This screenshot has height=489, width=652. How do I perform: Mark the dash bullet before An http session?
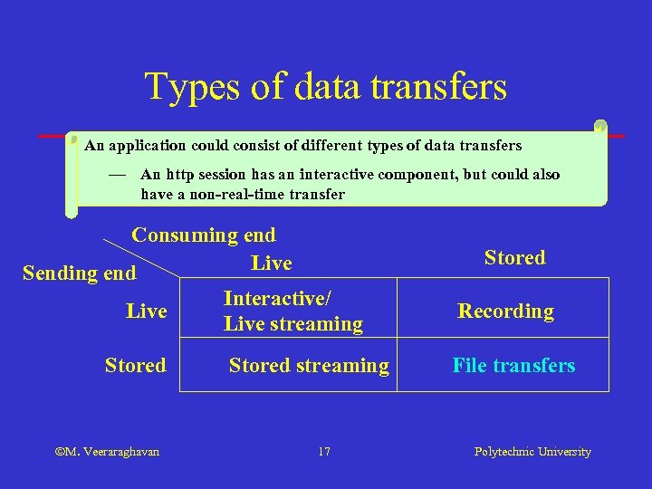click(x=115, y=174)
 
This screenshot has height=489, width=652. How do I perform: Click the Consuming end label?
click(x=203, y=235)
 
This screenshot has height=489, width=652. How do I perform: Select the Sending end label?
click(x=79, y=273)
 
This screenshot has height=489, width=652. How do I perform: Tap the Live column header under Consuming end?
click(x=271, y=264)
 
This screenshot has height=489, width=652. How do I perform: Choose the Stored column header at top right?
click(x=514, y=258)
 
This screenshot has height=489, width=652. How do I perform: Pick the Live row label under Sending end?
click(x=146, y=312)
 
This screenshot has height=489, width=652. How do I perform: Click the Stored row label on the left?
click(x=135, y=366)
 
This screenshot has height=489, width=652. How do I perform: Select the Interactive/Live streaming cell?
click(x=292, y=312)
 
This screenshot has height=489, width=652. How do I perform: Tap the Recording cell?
click(x=505, y=312)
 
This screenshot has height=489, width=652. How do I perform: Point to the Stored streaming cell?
click(x=308, y=366)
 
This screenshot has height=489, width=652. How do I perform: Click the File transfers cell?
click(x=513, y=366)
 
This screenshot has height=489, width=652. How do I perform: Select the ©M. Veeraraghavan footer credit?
click(x=107, y=452)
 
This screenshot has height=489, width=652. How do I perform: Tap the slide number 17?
click(x=324, y=452)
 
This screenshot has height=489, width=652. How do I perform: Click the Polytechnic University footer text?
click(x=532, y=452)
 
